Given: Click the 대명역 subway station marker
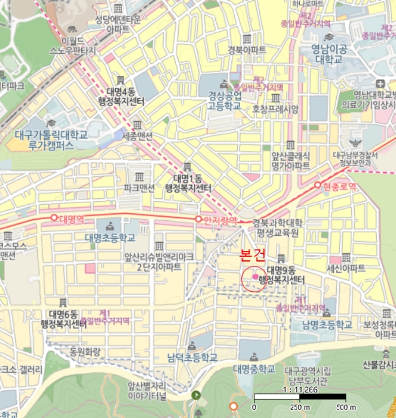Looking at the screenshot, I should (x=54, y=218).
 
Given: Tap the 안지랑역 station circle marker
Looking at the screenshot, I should (x=198, y=219).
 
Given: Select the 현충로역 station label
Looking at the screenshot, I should (x=339, y=187).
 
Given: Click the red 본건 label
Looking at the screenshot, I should (x=251, y=256).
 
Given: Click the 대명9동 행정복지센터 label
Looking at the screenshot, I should (x=286, y=275).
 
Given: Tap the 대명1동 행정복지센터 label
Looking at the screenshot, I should (x=189, y=183).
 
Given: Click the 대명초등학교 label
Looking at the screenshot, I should (x=110, y=237).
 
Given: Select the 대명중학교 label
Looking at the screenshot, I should (x=254, y=368).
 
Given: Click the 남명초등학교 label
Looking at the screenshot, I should (x=327, y=325).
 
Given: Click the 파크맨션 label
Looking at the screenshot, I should (x=139, y=188).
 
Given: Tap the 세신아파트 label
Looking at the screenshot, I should (x=346, y=269).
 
